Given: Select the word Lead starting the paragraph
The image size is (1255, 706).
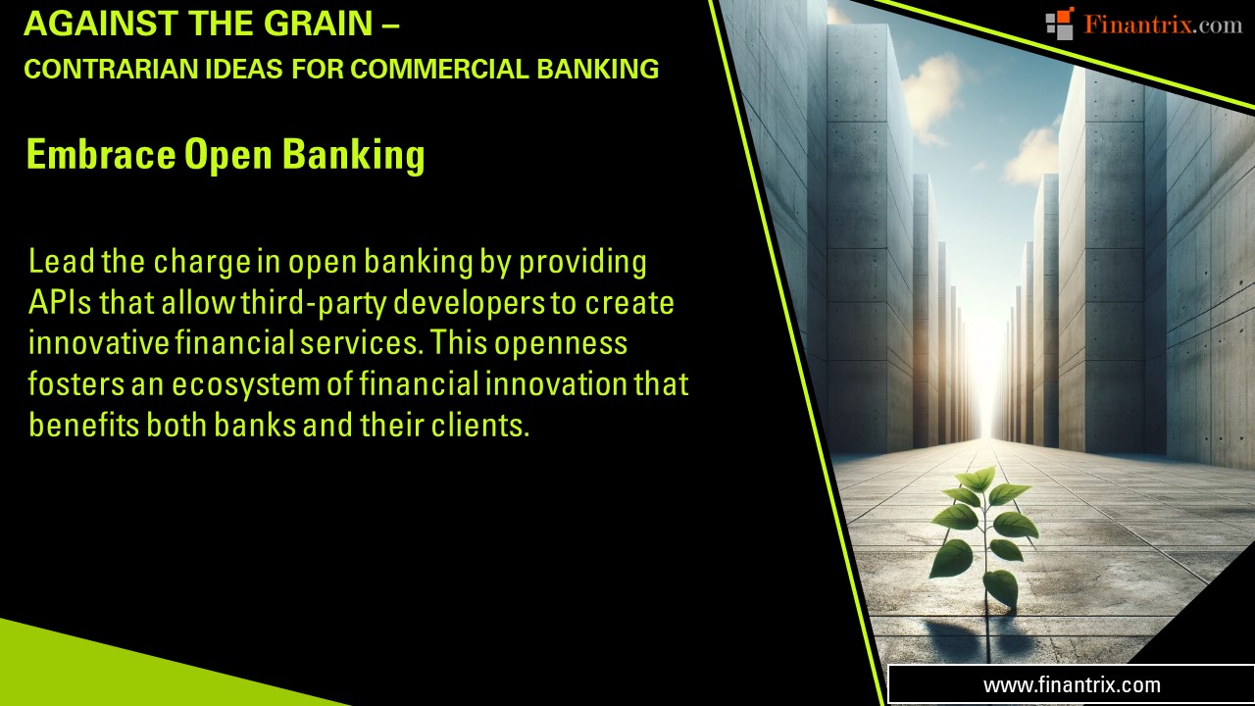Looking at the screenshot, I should click(x=58, y=263).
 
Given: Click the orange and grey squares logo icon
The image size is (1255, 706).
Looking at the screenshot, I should click(x=1060, y=24).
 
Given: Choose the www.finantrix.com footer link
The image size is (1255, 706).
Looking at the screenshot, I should click(x=1072, y=685).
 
